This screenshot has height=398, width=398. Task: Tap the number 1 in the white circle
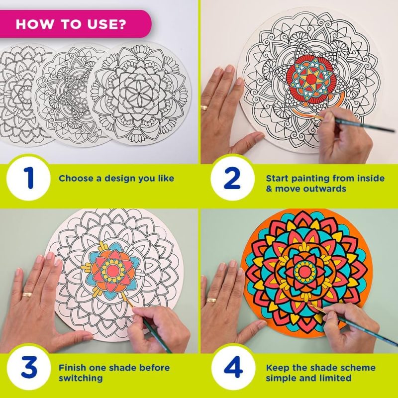[29, 178]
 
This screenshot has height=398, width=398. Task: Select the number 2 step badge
[232, 178]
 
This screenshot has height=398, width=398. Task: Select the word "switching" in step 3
[81, 378]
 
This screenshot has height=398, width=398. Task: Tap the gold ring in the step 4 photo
[211, 300]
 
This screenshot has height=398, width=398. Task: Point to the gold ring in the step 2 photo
[204, 107]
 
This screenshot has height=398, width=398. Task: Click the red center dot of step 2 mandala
[311, 80]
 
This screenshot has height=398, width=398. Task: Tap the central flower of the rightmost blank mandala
[139, 94]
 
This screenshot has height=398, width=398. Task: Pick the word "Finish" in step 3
[70, 368]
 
